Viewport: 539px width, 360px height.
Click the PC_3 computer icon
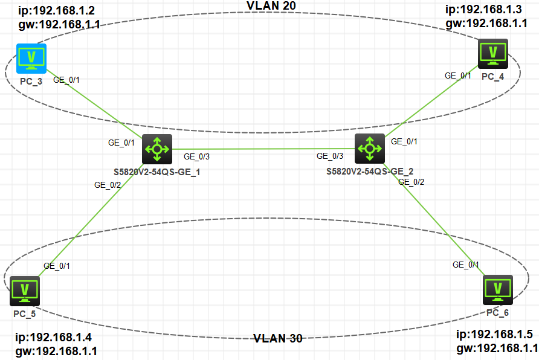point(31,58)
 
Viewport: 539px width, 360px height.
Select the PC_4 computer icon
point(493,54)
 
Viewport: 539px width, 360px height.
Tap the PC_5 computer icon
point(25,291)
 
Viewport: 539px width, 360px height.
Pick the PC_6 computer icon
point(498,290)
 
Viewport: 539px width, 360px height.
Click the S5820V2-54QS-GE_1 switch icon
point(157,149)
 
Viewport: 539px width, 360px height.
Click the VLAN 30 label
point(278,338)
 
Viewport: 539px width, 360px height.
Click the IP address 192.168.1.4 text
point(54,337)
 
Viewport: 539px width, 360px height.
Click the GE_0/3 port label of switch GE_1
point(197,156)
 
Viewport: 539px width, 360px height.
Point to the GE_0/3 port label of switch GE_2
point(330,156)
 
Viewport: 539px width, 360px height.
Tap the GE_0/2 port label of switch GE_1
point(108,185)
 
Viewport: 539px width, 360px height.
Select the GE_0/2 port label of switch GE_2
point(412,182)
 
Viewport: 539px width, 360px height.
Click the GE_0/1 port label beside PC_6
point(466,265)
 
